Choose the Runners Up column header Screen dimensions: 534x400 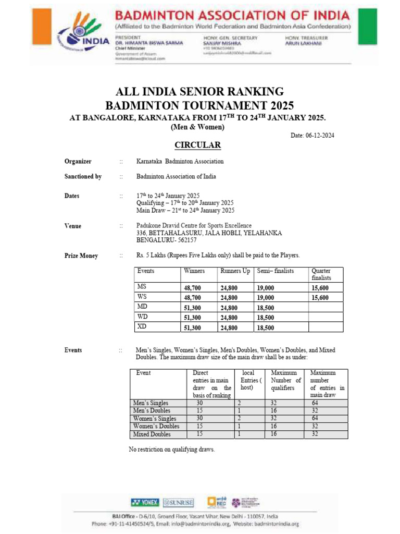click(x=235, y=271)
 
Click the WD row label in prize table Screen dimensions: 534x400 click(x=142, y=317)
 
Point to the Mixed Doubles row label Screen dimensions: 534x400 click(x=152, y=434)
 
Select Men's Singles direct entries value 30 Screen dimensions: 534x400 click(x=199, y=403)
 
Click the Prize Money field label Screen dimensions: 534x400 click(x=81, y=256)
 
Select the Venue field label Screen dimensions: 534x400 click(x=73, y=226)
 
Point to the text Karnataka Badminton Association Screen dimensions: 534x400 click(x=180, y=162)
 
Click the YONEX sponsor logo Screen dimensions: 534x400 click(x=145, y=502)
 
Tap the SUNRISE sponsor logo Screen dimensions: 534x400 click(x=178, y=503)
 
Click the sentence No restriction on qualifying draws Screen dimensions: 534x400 click(x=171, y=450)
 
